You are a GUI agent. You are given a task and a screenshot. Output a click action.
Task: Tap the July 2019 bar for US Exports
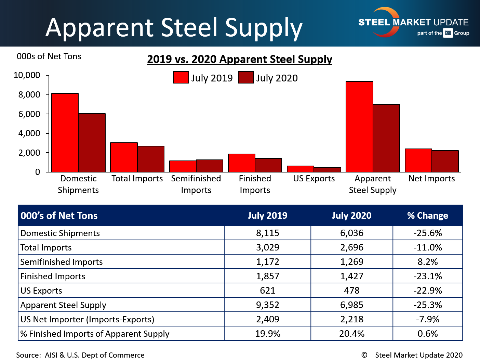(301, 169)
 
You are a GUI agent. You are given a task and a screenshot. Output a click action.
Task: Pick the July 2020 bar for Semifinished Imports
(210, 166)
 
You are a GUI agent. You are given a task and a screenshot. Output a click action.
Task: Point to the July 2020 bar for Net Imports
(445, 161)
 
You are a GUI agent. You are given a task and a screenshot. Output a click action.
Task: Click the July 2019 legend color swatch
(181, 78)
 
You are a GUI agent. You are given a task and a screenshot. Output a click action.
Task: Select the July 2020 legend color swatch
(246, 78)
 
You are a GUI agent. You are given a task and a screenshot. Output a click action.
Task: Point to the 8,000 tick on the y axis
(29, 95)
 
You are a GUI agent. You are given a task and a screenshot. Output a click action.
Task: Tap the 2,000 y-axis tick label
(29, 153)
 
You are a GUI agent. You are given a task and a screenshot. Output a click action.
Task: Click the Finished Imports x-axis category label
(255, 184)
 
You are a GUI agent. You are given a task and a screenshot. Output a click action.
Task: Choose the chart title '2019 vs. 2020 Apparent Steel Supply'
(240, 59)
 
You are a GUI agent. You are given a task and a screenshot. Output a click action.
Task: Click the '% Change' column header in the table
(427, 216)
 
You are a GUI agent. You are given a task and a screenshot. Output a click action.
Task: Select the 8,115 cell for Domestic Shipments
(268, 233)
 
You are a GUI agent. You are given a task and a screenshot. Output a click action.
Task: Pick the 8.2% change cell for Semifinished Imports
(427, 262)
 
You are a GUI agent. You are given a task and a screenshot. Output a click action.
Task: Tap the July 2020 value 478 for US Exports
(351, 291)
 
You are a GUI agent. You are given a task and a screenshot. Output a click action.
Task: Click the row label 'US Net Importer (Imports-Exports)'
(88, 319)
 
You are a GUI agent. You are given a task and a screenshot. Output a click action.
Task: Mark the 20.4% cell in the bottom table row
(351, 334)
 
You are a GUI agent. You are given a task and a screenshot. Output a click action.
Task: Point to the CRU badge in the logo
(448, 33)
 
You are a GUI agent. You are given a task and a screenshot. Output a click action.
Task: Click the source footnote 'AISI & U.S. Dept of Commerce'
(94, 355)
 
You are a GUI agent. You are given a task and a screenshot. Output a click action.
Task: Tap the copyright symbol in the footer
(364, 355)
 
